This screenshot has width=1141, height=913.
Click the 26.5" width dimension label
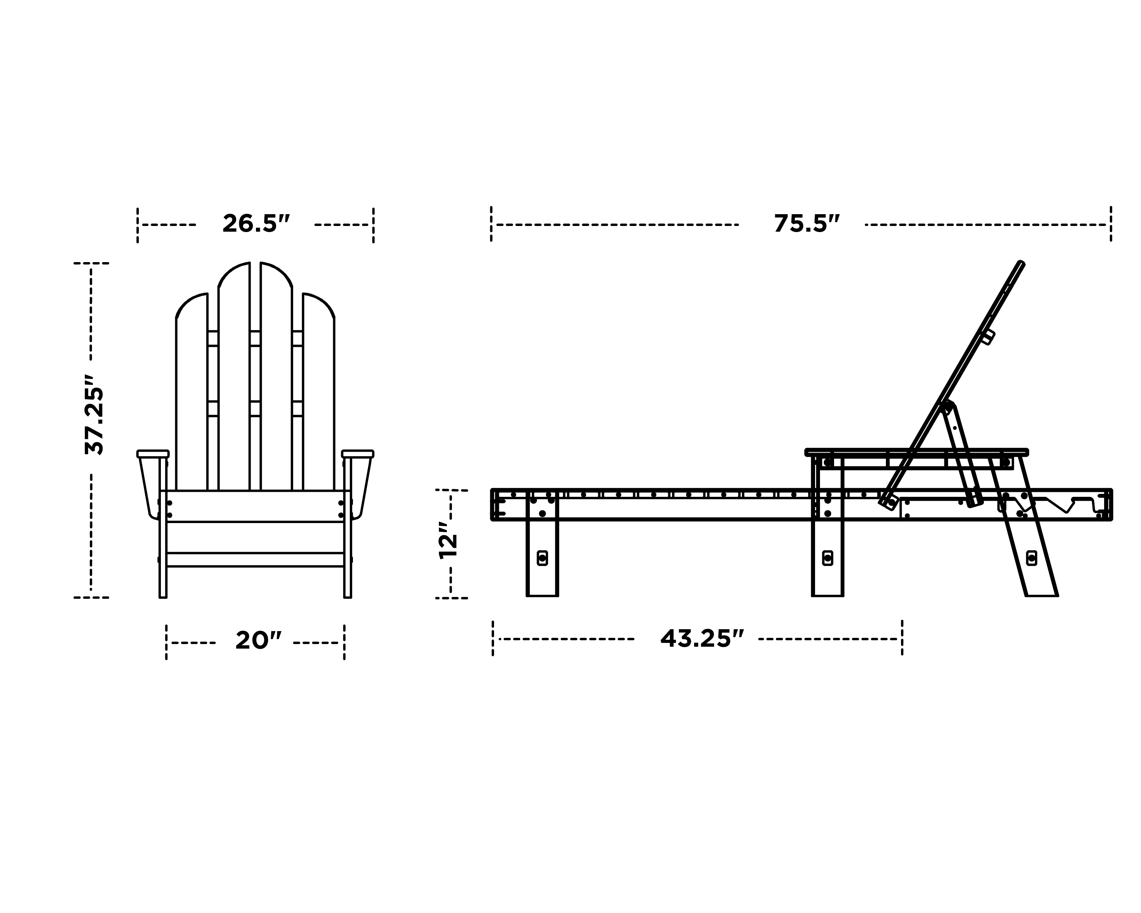pos(256,224)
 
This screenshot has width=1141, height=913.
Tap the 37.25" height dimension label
pos(95,415)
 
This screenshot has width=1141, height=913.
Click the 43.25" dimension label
pos(702,638)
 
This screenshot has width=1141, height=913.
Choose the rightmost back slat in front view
pos(319,392)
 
